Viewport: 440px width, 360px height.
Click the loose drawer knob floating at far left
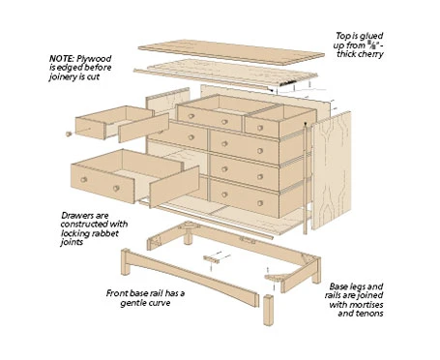[68, 134]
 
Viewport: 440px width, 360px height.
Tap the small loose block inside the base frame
[213, 259]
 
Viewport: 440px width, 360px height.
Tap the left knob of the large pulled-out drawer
[86, 179]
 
